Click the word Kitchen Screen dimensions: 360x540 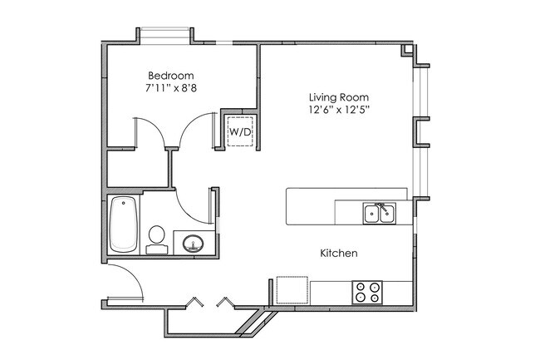(339, 252)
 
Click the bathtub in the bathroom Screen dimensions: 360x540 (123, 224)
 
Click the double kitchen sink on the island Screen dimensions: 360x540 (379, 215)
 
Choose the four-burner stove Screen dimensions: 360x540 (367, 292)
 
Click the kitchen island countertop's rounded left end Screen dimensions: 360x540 (292, 205)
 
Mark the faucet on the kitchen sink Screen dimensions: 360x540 (379, 205)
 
